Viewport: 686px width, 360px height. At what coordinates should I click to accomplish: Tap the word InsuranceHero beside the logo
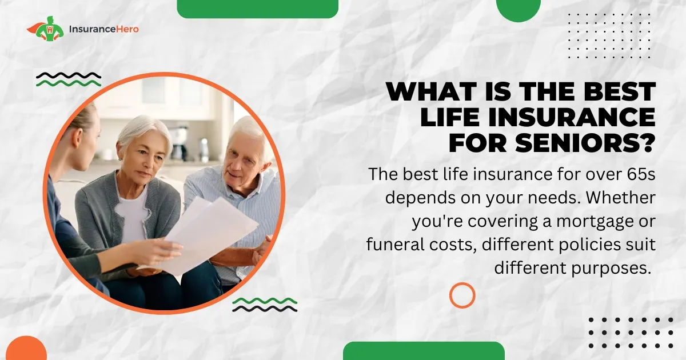[104, 29]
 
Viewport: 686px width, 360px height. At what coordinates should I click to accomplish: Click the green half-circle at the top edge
[518, 9]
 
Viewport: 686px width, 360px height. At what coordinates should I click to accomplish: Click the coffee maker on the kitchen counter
[179, 143]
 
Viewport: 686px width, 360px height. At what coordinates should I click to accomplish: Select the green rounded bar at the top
[258, 9]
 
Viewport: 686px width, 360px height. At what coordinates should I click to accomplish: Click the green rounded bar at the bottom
[424, 351]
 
